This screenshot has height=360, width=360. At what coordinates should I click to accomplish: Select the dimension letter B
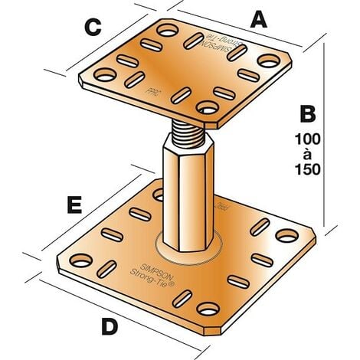pos(307,115)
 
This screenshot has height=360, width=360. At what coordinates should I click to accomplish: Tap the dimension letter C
pos(93,28)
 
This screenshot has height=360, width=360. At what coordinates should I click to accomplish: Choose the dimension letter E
pos(74,205)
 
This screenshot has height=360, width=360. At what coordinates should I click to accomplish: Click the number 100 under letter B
pos(308,140)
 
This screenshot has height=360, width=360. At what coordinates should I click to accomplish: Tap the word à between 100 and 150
pos(308,155)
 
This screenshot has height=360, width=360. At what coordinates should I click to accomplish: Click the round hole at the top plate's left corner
pos(105,74)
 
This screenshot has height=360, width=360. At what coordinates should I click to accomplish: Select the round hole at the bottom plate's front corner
pos(207,309)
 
